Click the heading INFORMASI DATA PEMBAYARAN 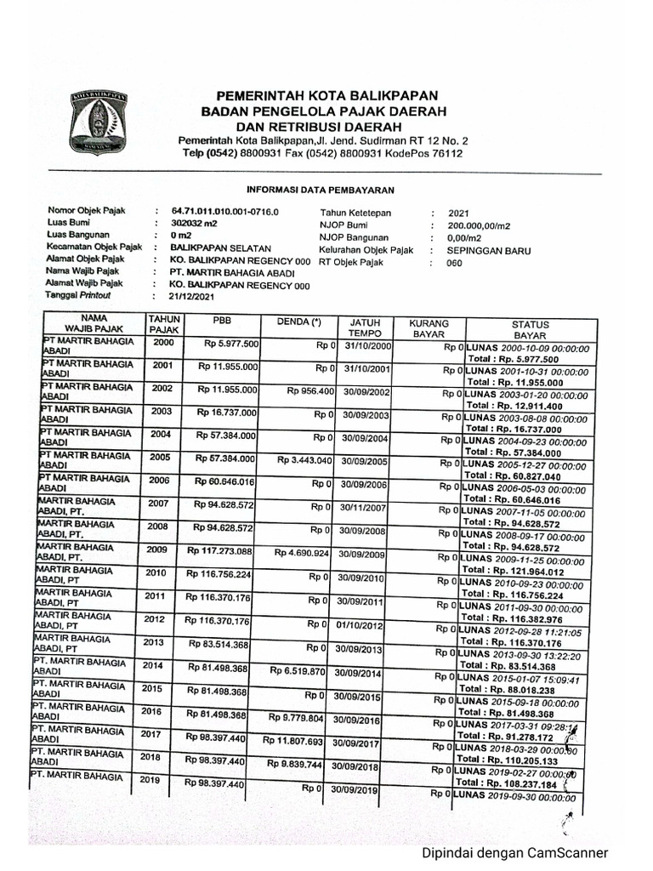pyautogui.click(x=320, y=190)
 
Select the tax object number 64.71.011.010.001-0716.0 pyautogui.click(x=224, y=211)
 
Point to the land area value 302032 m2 pyautogui.click(x=195, y=223)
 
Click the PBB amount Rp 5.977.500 pyautogui.click(x=231, y=344)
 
